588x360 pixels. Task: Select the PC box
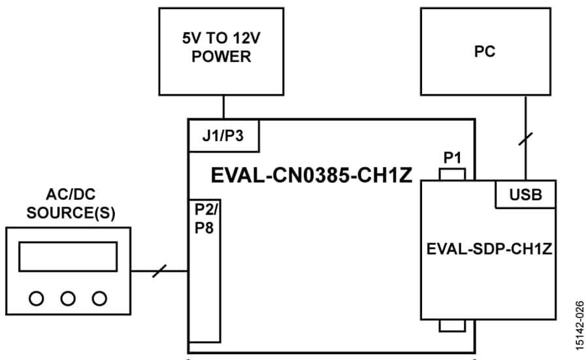coord(484,52)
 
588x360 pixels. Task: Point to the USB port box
coord(526,195)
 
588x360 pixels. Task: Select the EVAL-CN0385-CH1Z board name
coord(312,176)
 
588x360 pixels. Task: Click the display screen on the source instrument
coord(68,256)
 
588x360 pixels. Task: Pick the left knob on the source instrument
coord(37,299)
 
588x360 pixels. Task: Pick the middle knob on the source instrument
coord(68,299)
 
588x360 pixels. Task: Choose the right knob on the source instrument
coord(99,299)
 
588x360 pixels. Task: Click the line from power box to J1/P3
coord(223,108)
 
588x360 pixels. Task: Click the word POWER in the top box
coord(221,57)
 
